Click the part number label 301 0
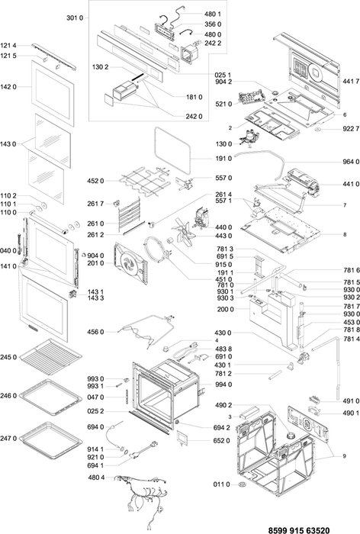click(x=75, y=18)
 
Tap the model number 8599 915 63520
click(x=299, y=530)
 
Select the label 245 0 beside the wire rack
click(x=8, y=358)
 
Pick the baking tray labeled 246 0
click(x=50, y=397)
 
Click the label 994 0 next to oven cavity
click(x=223, y=384)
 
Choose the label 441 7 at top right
click(x=351, y=81)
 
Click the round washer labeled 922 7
click(x=317, y=129)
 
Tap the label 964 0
click(x=351, y=162)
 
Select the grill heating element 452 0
click(x=144, y=181)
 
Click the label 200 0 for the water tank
click(x=226, y=310)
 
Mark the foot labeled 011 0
click(x=243, y=484)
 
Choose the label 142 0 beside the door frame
click(x=8, y=87)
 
